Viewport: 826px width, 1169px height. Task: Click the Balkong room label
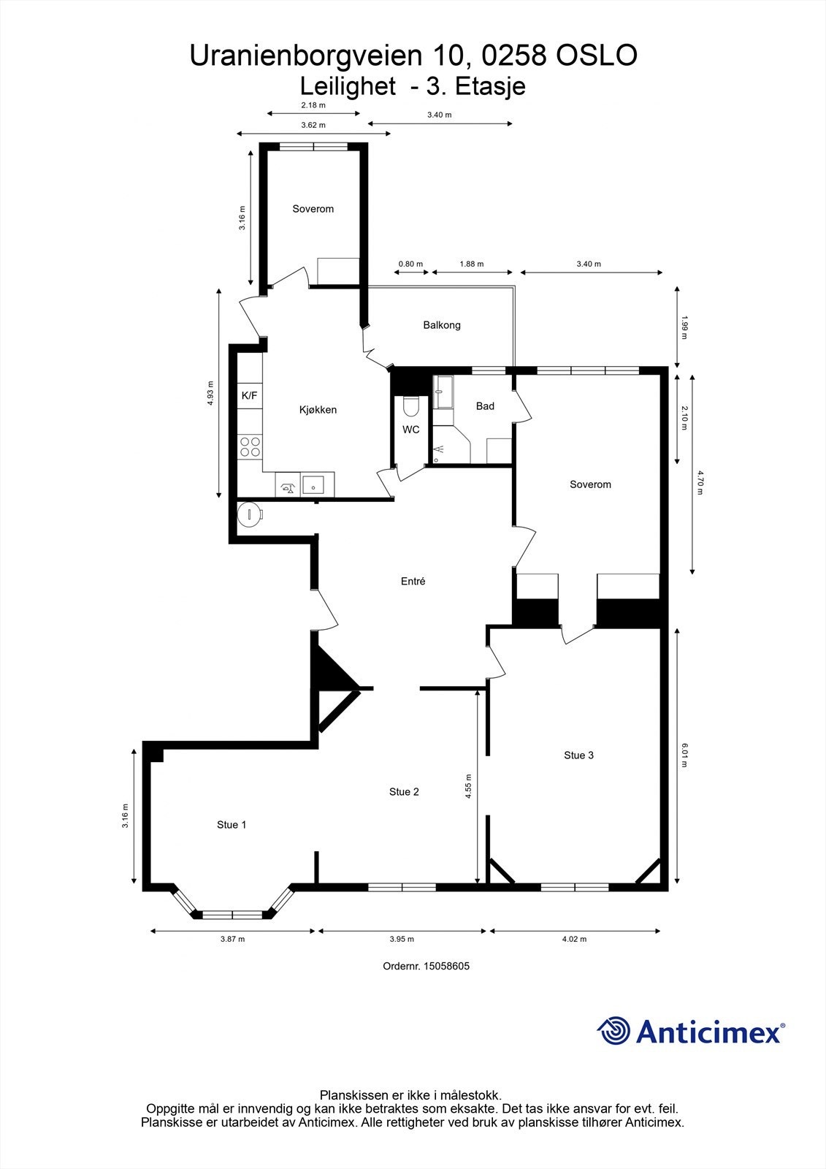[442, 325]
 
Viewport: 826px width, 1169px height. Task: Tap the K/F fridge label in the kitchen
[249, 396]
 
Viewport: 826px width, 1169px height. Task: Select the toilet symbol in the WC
[410, 406]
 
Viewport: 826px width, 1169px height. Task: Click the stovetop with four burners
[251, 446]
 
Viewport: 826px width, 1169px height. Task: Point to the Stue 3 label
[578, 755]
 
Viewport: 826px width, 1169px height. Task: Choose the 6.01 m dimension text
[685, 755]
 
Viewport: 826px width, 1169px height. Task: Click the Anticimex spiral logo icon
[613, 1031]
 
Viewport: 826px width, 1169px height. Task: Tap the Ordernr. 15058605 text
[426, 966]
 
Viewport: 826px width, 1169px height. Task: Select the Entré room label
[413, 582]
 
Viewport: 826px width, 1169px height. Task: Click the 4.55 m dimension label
[468, 788]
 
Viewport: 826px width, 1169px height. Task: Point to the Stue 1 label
[232, 825]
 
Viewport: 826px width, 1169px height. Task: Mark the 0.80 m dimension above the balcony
[410, 264]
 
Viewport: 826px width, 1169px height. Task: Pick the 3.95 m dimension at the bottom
[402, 940]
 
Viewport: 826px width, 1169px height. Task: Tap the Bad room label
[485, 406]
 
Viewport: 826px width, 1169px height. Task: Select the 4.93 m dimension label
[211, 393]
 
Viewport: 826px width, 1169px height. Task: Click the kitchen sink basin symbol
[314, 484]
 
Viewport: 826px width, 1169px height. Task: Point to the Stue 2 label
[404, 792]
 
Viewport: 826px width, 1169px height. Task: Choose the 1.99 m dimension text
[685, 327]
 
